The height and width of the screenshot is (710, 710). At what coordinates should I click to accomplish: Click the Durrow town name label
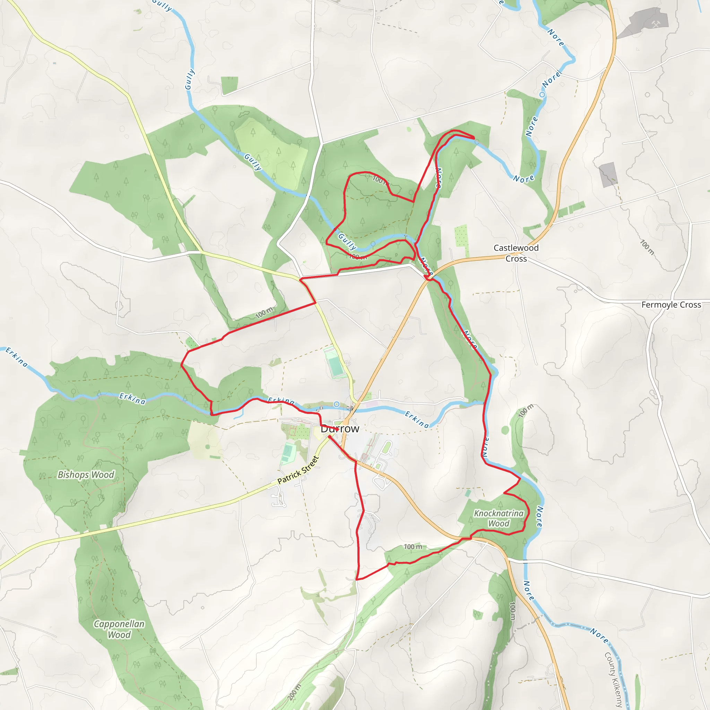(340, 429)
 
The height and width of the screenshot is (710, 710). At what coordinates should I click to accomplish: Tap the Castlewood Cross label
(516, 253)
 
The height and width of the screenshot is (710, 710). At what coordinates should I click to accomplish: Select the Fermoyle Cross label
(671, 305)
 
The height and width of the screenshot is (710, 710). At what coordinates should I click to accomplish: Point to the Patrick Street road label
(298, 470)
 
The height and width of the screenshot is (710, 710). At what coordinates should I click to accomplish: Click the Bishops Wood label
(86, 475)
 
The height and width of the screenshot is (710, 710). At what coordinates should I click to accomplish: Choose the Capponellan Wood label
(119, 629)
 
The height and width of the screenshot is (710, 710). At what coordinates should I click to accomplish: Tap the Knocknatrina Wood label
(499, 518)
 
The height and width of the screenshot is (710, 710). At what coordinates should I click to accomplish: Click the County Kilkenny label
(613, 679)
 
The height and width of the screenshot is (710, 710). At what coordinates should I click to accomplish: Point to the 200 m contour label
(294, 692)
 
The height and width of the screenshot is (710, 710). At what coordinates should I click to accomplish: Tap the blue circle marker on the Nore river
(542, 95)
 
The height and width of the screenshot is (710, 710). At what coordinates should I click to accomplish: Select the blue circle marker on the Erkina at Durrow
(336, 404)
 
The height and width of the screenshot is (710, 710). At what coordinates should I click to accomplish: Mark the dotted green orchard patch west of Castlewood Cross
(461, 236)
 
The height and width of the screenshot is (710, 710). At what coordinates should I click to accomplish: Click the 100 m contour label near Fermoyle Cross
(647, 247)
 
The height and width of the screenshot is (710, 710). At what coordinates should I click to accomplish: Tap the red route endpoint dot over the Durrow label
(337, 429)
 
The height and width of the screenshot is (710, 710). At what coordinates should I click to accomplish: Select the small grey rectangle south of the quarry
(608, 174)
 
